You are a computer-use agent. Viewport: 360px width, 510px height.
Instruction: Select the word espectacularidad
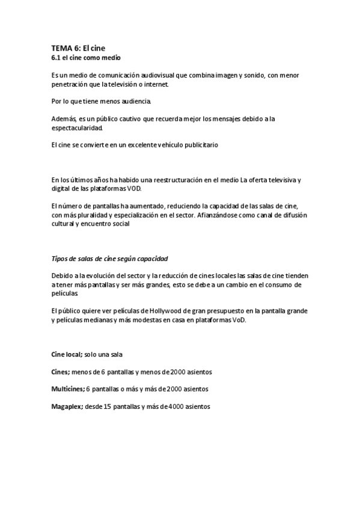78,129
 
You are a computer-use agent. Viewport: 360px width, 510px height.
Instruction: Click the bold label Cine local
66,354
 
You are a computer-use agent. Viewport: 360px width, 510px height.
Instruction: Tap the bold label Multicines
67,389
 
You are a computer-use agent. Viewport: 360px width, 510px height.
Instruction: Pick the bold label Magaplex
66,407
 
